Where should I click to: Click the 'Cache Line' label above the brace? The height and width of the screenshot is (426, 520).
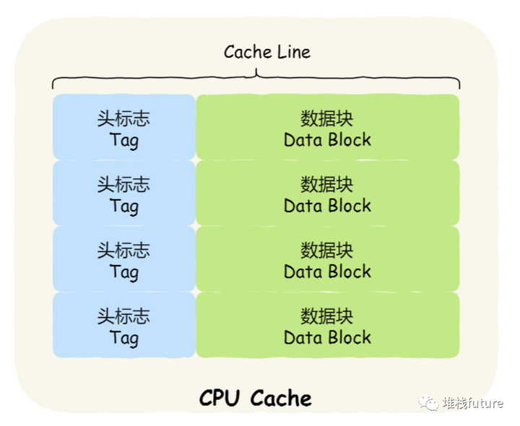pyautogui.click(x=267, y=52)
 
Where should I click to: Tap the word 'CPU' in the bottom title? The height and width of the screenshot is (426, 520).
pyautogui.click(x=221, y=398)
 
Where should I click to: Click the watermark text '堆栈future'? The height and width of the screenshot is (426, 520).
pyautogui.click(x=473, y=403)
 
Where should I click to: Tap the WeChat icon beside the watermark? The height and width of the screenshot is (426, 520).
pyautogui.click(x=431, y=403)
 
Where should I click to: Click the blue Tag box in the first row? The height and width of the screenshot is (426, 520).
pyautogui.click(x=123, y=127)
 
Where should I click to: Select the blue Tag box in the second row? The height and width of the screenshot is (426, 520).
pyautogui.click(x=123, y=193)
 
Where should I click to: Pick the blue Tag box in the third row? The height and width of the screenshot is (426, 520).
pyautogui.click(x=123, y=259)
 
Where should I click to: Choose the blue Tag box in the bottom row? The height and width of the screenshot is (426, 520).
pyautogui.click(x=123, y=325)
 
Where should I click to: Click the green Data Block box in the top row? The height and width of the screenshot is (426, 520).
pyautogui.click(x=327, y=127)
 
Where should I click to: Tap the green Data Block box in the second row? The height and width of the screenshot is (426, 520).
pyautogui.click(x=327, y=193)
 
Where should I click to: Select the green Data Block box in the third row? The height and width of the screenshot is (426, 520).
pyautogui.click(x=327, y=259)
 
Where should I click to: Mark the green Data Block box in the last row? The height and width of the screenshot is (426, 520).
pyautogui.click(x=327, y=325)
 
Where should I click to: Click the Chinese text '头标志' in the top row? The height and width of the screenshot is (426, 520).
pyautogui.click(x=123, y=118)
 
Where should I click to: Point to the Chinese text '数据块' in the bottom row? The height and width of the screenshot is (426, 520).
pyautogui.click(x=327, y=316)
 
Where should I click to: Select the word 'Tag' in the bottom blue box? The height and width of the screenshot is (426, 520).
pyautogui.click(x=123, y=337)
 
